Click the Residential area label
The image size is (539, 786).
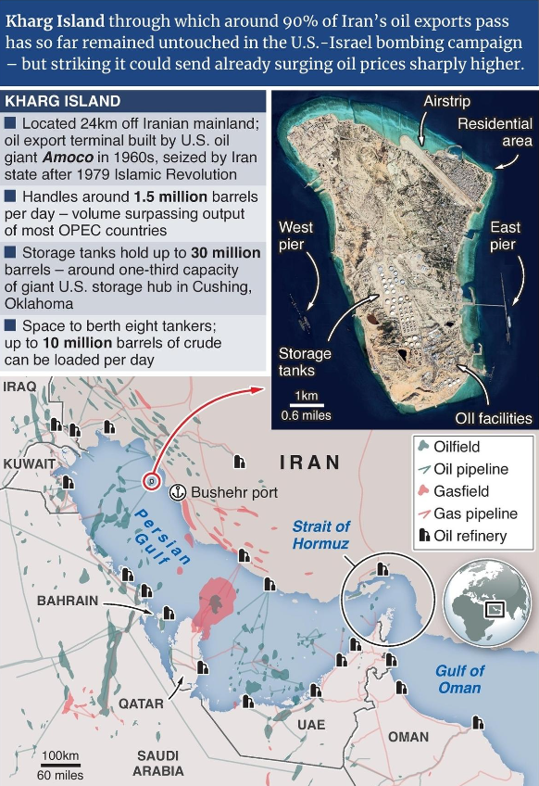(x=495, y=132)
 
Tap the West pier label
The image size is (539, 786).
(x=295, y=235)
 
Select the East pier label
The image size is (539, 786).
(x=505, y=235)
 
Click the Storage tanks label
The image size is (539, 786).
(x=305, y=362)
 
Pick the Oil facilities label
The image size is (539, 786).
(x=494, y=418)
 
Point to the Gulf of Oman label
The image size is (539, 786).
(x=459, y=678)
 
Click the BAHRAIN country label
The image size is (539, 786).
(x=67, y=601)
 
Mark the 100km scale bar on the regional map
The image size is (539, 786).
(x=61, y=764)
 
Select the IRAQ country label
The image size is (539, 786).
(x=19, y=386)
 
